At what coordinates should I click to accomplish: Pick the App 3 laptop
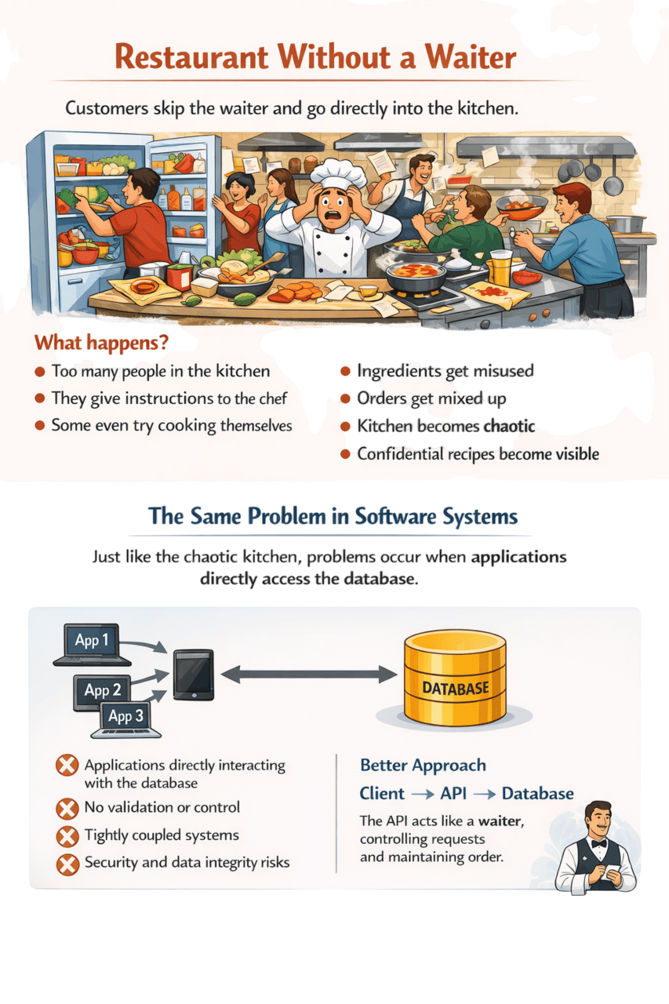[126, 718]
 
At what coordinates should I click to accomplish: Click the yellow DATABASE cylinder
[455, 678]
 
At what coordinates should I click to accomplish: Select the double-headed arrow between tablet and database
[308, 674]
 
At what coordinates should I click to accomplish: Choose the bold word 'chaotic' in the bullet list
[509, 426]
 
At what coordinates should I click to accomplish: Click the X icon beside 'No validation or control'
[68, 808]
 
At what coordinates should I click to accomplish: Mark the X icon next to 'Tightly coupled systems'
[68, 836]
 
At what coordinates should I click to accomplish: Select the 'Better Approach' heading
[423, 766]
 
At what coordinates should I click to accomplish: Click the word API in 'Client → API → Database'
[453, 794]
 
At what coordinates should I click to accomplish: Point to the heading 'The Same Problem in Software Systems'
[333, 517]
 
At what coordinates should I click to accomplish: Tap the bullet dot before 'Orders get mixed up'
[344, 399]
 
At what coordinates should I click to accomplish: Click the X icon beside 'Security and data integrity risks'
[68, 864]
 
